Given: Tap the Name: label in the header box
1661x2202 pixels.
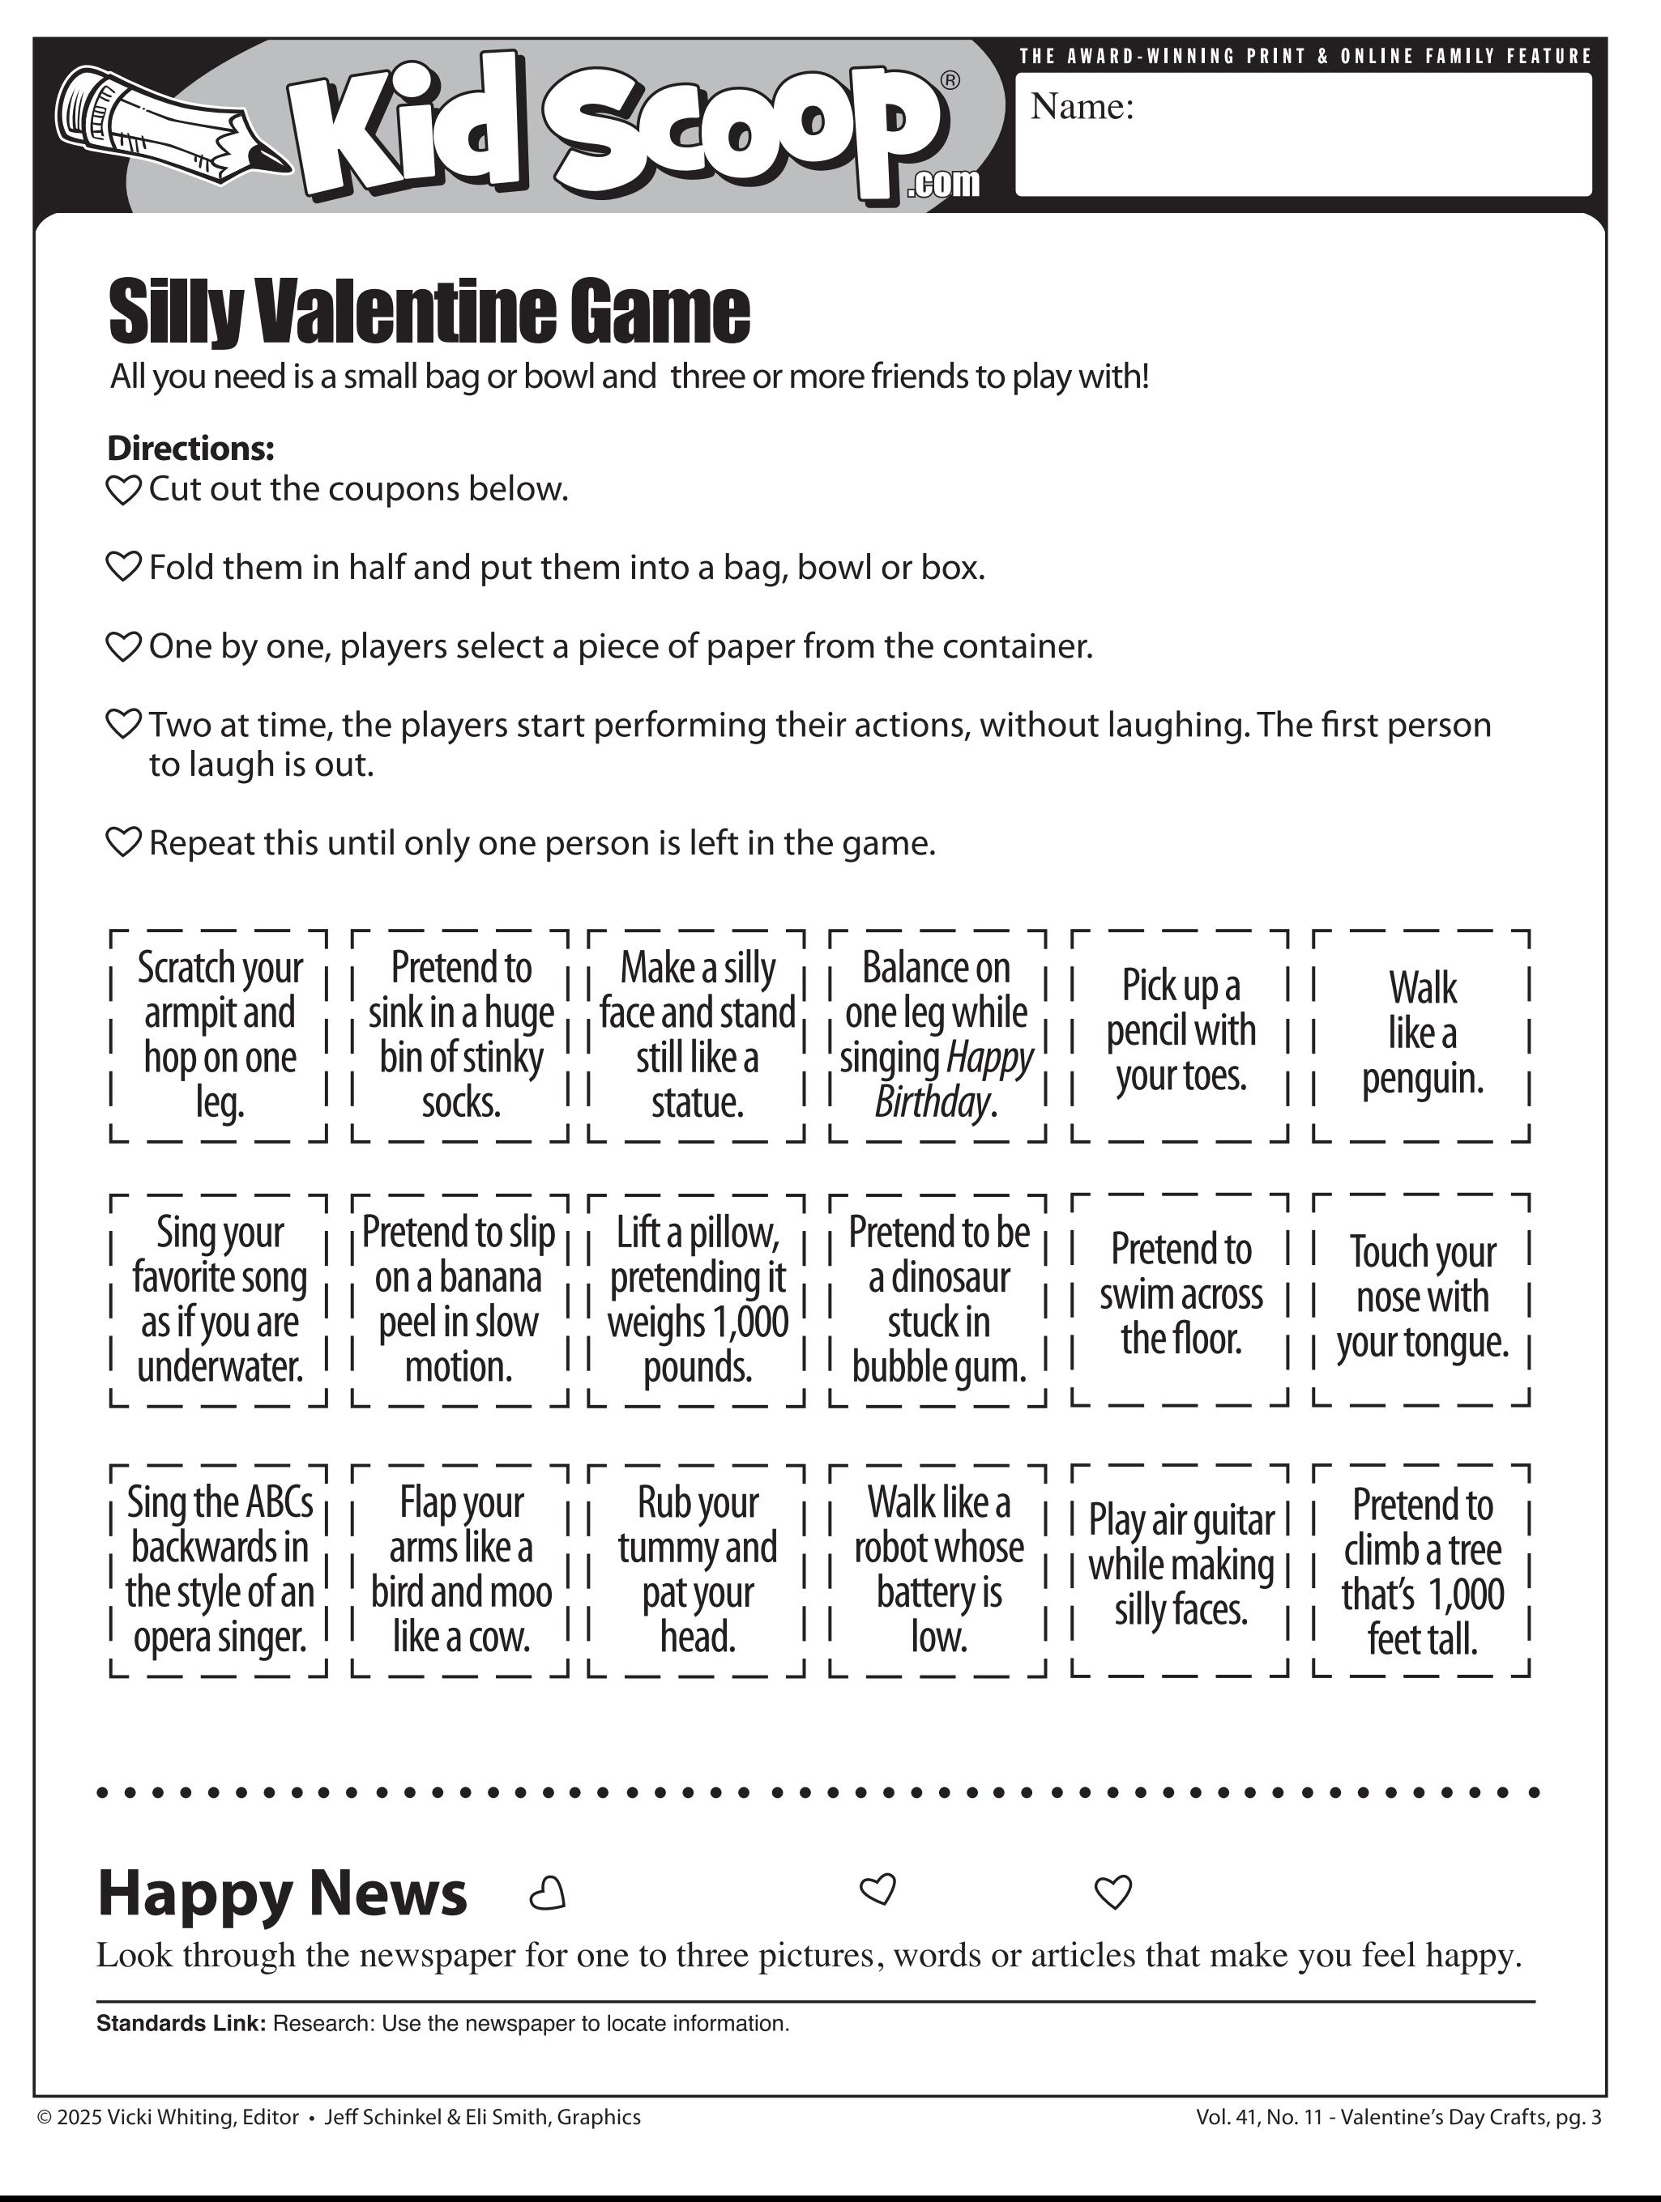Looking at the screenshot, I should pyautogui.click(x=1082, y=107).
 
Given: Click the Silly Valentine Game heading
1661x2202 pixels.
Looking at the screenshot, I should pyautogui.click(x=428, y=313).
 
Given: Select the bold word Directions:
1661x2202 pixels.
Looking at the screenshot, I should pyautogui.click(x=190, y=448).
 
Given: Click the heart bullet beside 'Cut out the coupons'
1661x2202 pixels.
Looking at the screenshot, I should pyautogui.click(x=123, y=490).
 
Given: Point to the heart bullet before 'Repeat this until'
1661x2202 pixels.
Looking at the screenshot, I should pyautogui.click(x=123, y=843).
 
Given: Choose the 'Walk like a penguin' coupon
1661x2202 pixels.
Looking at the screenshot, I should pyautogui.click(x=1421, y=1034).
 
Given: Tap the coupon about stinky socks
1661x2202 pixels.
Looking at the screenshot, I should pyautogui.click(x=460, y=1035).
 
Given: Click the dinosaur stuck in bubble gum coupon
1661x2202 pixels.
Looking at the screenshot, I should pyautogui.click(x=938, y=1299).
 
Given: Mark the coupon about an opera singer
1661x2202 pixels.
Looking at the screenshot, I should pyautogui.click(x=219, y=1569).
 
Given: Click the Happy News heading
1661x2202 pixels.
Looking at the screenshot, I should pyautogui.click(x=282, y=1893).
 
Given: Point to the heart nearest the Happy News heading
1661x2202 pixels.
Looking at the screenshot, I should pyautogui.click(x=547, y=1893).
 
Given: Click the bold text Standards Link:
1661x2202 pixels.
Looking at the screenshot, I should pyautogui.click(x=180, y=2023).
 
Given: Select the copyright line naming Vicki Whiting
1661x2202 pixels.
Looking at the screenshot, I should pyautogui.click(x=339, y=2118).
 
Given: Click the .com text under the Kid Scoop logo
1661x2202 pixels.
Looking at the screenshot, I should pyautogui.click(x=943, y=184).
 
